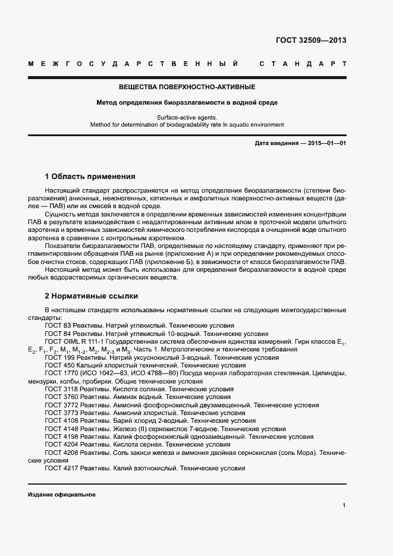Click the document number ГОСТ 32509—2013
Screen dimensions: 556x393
[311, 41]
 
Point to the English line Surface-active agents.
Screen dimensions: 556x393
[187, 118]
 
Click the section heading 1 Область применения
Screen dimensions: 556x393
[90, 177]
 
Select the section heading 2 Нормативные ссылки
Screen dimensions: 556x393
[91, 296]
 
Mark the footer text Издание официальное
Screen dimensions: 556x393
[61, 495]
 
